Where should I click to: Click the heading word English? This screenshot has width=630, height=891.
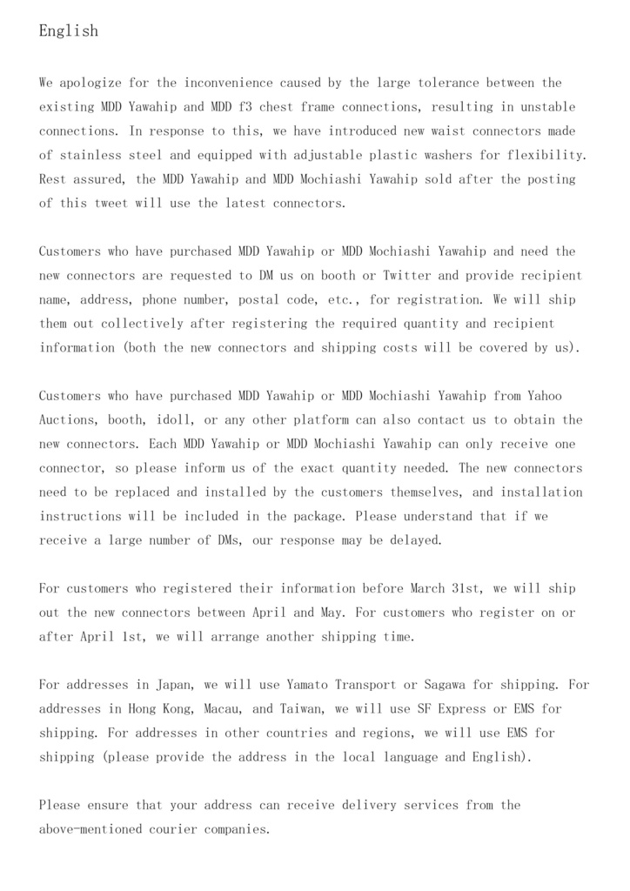click(69, 31)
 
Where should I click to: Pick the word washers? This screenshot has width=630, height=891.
click(445, 156)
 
